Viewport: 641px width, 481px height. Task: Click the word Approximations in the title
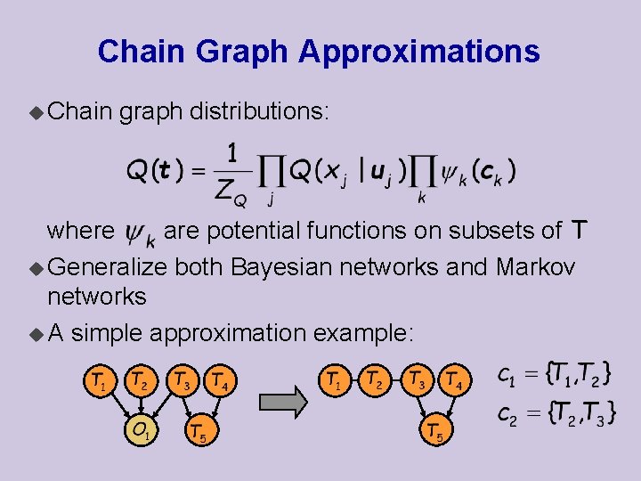418,52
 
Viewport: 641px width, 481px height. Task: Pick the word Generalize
108,266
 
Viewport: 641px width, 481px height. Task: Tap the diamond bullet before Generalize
35,267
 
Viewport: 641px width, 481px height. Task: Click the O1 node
141,433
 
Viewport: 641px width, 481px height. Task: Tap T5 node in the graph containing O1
200,433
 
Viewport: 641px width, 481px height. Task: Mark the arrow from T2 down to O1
141,407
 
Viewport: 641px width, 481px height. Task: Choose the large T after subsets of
579,231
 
